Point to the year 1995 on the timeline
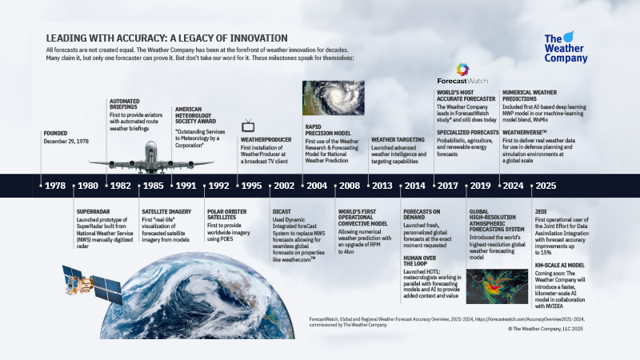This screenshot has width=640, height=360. (251, 186)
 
